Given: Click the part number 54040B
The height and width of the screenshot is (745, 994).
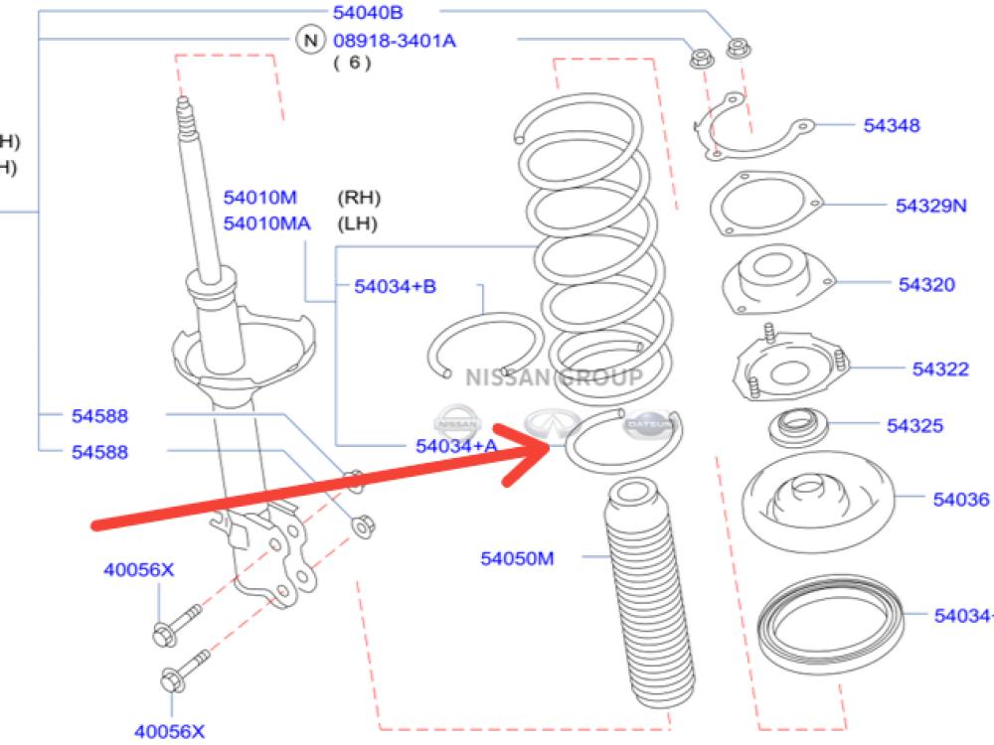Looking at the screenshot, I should (369, 13).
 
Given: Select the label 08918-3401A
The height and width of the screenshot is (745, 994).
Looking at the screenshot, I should (395, 41).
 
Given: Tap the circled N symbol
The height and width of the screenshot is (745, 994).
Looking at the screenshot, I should (311, 41).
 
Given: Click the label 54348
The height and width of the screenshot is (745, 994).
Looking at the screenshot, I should (891, 125).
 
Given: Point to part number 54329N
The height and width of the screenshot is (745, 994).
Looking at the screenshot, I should (931, 206).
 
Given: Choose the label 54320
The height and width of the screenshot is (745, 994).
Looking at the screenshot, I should (926, 285).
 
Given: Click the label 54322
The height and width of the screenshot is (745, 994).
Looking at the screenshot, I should (940, 369).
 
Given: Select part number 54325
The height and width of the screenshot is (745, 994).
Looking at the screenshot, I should (914, 426).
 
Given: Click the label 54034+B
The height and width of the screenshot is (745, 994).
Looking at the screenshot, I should (395, 287).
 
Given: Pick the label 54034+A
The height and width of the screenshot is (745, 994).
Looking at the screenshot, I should (456, 446).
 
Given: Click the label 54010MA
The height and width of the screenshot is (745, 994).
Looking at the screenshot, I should (266, 223).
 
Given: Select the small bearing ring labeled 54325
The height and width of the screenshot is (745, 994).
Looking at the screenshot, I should (797, 429).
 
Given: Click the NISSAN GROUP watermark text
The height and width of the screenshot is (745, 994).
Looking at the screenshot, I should (554, 377).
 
